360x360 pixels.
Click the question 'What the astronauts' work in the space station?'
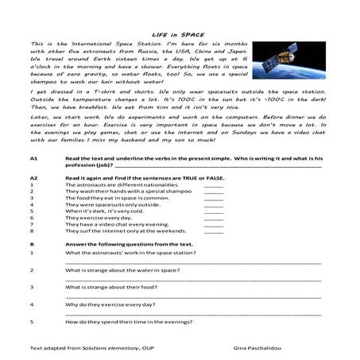pos(130,252)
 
